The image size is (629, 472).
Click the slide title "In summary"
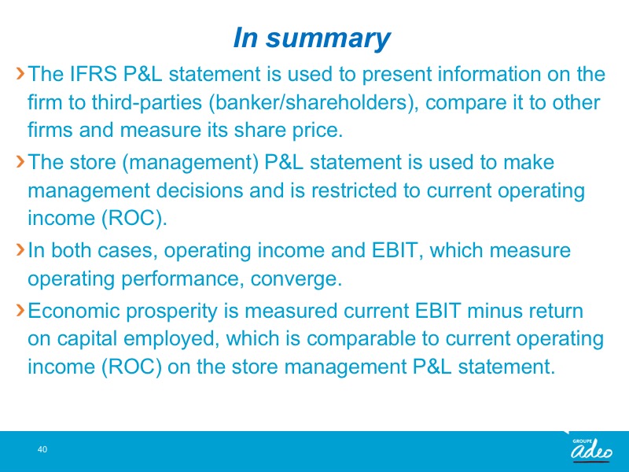[311, 38]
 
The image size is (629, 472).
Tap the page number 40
[42, 449]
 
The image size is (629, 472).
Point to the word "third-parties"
[146, 103]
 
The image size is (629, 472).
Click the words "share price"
[288, 130]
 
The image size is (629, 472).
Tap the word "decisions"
[200, 190]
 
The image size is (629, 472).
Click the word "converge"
[296, 279]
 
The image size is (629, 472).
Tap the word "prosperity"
[171, 312]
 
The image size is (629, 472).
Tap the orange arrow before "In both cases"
[20, 249]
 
